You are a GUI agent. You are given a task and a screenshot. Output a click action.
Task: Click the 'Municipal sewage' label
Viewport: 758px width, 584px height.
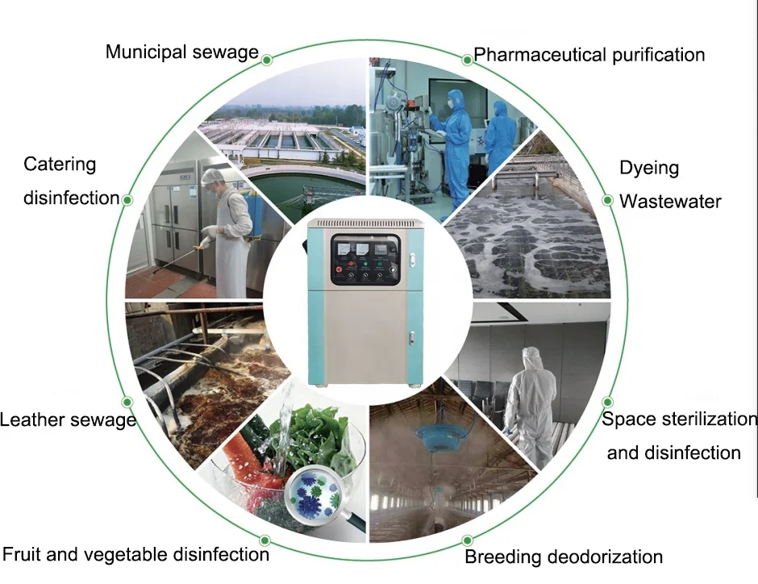point(182,52)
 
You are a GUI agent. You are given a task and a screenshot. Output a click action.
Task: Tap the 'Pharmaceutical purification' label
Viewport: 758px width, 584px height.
point(589,55)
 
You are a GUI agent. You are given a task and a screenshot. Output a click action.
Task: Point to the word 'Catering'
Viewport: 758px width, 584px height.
point(60,165)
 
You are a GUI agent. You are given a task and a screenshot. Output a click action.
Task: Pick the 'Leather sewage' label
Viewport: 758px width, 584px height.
point(68,419)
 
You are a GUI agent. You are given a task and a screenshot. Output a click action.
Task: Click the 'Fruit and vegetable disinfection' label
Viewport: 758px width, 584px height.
point(135,554)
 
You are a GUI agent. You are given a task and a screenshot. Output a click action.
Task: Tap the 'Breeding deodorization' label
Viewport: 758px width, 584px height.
point(564,557)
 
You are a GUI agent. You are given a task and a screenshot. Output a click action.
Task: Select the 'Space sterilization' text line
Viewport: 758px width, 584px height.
point(680,419)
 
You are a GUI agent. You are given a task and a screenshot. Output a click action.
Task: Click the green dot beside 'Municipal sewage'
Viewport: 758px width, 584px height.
point(266,58)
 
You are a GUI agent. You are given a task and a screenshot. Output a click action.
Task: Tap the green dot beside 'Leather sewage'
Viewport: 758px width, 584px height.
point(127,402)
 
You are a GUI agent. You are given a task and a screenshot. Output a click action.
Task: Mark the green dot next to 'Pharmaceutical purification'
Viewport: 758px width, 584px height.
point(467,59)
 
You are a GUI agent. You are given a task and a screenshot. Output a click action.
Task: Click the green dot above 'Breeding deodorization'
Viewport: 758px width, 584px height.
point(467,540)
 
